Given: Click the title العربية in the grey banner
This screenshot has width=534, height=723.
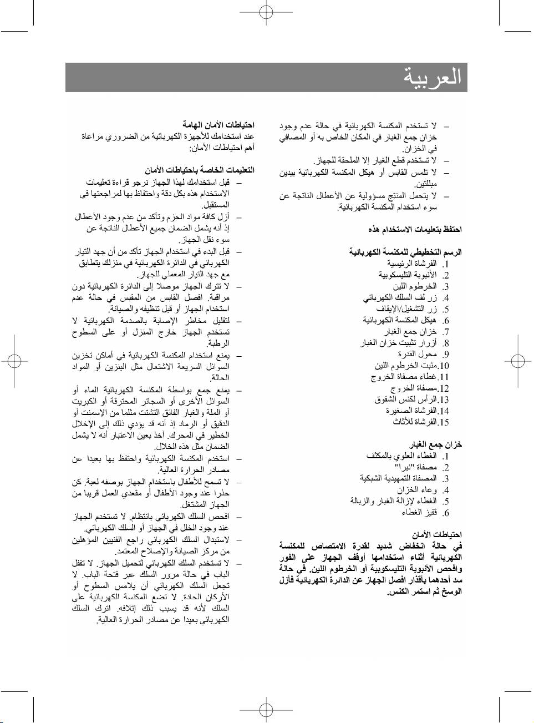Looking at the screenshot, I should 433,77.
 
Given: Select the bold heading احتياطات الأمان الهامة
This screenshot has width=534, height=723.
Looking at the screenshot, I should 218,125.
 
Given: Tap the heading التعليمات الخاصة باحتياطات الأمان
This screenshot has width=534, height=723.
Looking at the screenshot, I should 200,170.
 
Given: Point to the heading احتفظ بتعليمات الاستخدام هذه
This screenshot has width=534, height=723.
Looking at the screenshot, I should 415,229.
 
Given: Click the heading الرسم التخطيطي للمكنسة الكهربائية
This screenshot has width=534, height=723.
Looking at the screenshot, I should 405,252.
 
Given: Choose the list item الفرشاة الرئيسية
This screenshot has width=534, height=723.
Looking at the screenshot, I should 411,264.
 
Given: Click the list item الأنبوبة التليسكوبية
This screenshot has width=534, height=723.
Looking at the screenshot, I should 408,275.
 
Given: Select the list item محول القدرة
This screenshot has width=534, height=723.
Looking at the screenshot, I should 417,354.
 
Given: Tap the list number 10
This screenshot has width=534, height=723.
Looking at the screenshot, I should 444,366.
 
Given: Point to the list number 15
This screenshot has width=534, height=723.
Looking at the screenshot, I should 444,422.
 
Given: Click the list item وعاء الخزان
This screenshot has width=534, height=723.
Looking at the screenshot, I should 416,490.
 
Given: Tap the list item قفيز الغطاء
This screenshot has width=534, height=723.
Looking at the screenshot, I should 419,513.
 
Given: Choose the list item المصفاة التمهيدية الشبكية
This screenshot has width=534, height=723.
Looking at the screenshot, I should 398,478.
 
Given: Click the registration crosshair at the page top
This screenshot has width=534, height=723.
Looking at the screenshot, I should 266,12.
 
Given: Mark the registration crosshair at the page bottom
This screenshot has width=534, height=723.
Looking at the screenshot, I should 266,710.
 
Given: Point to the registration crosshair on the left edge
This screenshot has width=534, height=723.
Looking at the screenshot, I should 14,361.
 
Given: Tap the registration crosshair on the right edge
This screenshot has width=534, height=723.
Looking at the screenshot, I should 518,361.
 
